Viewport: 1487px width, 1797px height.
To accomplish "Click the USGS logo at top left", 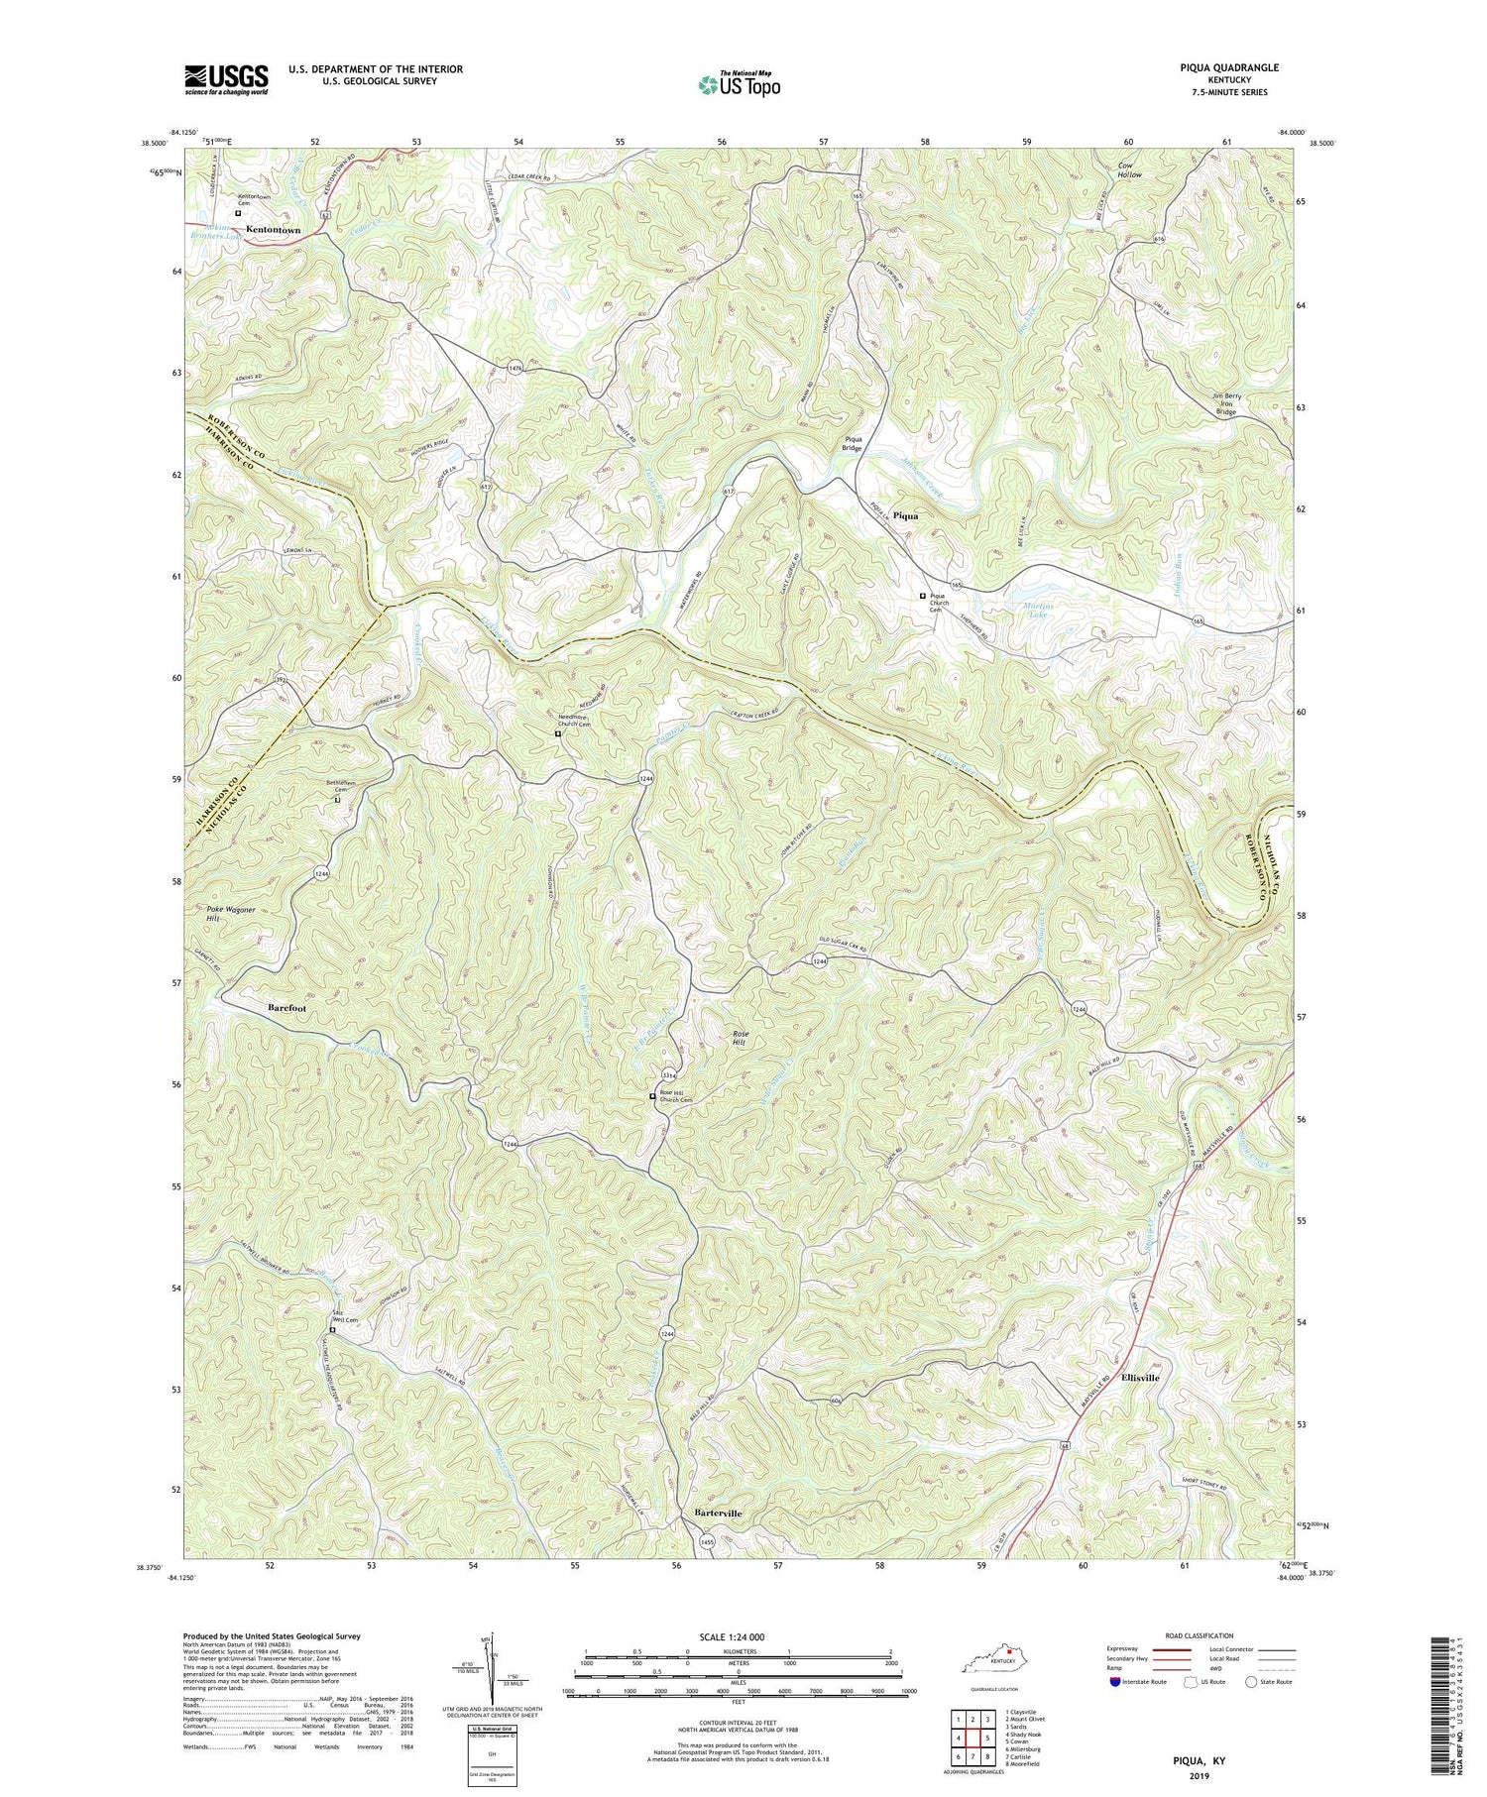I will coord(226,79).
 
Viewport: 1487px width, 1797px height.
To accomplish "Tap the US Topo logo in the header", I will coord(738,84).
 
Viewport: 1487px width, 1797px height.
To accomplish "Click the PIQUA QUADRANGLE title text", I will coord(1223,67).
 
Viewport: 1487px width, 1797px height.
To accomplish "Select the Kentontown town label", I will coord(273,230).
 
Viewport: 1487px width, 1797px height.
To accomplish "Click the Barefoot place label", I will coord(286,1007).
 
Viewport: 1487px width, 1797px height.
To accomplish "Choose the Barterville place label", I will coord(712,1514).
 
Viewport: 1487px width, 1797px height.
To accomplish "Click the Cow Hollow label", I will coord(1129,169).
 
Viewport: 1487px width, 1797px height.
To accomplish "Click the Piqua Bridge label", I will coord(853,442).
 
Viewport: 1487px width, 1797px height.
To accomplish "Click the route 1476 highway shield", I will coord(515,367).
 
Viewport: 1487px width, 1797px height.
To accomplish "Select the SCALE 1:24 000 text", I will coord(737,1636).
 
